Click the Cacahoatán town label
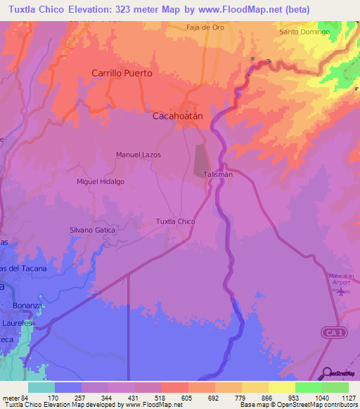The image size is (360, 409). [x=179, y=117]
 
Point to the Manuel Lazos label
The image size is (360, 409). [x=139, y=155]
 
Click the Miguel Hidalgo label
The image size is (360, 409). [x=101, y=181]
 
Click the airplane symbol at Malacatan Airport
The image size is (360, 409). [x=342, y=291]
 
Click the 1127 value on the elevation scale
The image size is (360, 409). [x=347, y=398]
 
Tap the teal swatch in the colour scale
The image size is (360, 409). [x=41, y=387]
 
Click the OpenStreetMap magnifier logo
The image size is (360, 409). [x=326, y=372]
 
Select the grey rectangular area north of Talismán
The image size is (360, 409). [x=201, y=160]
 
